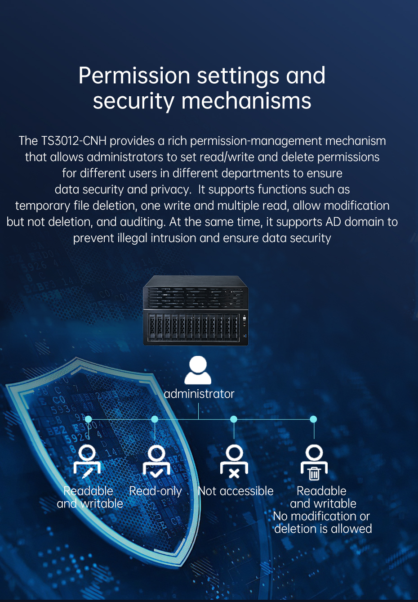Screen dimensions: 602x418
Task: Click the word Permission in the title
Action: pos(134,76)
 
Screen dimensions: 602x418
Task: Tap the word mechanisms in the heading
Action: pos(246,100)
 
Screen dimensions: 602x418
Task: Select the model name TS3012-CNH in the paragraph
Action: pos(74,141)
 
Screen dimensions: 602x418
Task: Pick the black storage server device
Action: pos(196,310)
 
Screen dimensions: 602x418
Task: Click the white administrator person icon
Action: pos(198,370)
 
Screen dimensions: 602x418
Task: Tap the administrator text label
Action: pos(199,394)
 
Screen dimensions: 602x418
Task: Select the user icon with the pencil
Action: pos(87,461)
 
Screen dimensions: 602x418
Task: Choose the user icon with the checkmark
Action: pos(156,461)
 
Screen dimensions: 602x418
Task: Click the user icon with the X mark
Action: pos(234,461)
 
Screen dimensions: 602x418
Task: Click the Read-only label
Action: pos(156,491)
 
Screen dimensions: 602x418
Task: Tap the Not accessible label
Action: pos(236,491)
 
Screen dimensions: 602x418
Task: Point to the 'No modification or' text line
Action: pos(321,516)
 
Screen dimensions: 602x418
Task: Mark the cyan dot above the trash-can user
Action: pos(314,419)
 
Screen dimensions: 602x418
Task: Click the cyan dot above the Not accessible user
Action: pos(234,419)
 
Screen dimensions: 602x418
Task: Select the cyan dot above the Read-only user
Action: pos(155,419)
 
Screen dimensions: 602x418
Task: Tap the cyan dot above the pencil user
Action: pos(88,419)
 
